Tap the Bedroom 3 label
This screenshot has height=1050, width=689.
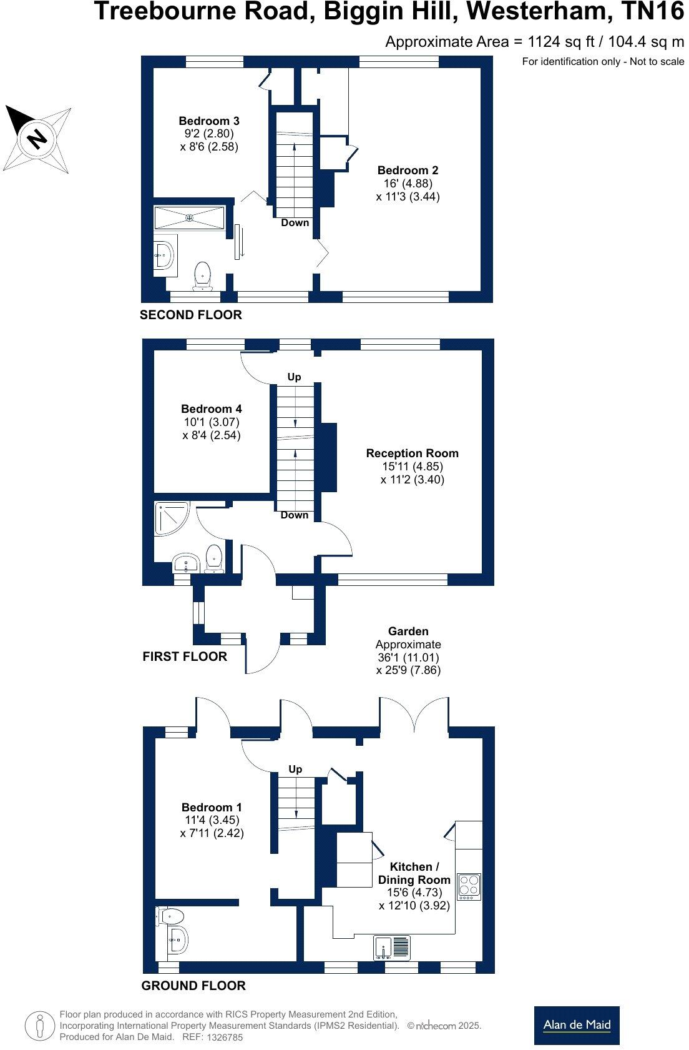209,121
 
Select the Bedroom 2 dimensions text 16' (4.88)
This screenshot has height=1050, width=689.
408,183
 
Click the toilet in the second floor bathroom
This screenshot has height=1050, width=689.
202,275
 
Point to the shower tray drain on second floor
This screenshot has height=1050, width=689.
189,217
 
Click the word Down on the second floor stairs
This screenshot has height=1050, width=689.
295,222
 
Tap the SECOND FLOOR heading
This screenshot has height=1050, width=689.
190,315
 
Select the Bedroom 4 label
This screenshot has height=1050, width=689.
212,409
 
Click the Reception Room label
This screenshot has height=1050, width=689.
412,453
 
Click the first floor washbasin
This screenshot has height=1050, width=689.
185,562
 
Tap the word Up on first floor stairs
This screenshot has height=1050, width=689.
294,377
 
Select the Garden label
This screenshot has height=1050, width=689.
408,631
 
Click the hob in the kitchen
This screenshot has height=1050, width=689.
469,886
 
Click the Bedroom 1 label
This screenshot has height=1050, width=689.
212,807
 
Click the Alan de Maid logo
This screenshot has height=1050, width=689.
576,1024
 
